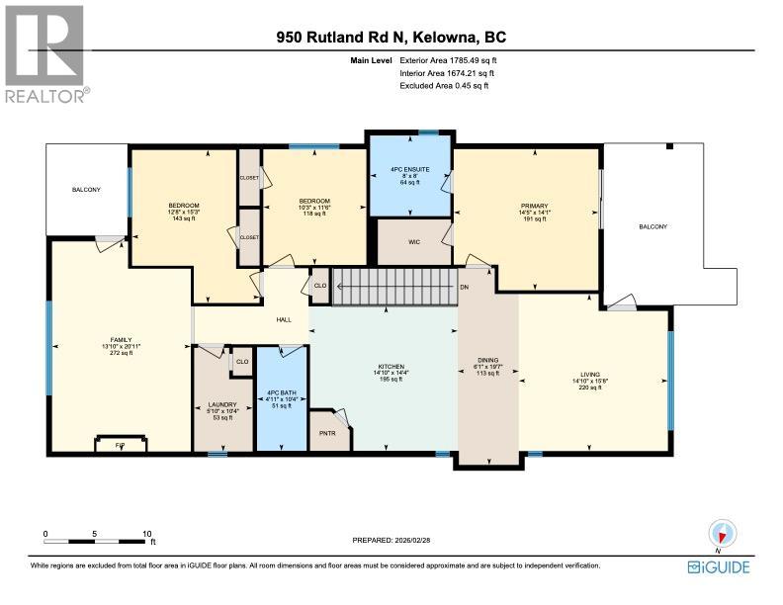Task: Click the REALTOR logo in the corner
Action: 45,52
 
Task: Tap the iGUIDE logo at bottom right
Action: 719,567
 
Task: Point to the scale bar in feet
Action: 97,541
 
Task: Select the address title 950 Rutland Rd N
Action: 391,39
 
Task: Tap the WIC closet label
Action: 416,240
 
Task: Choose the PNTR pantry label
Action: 328,431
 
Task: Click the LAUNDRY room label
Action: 222,404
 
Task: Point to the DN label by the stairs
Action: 464,287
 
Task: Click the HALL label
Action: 284,319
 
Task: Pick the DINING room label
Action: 487,361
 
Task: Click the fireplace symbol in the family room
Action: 121,444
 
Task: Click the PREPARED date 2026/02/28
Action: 391,540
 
